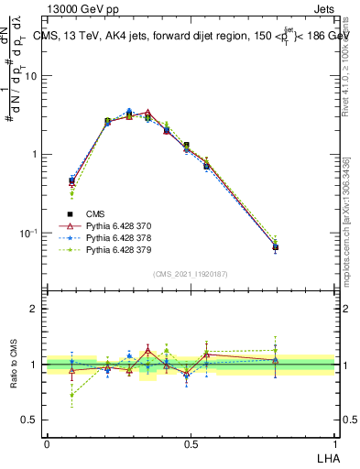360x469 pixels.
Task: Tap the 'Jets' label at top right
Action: [x=325, y=8]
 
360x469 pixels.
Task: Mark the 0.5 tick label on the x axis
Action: [x=191, y=444]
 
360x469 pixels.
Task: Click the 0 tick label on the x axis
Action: [x=47, y=444]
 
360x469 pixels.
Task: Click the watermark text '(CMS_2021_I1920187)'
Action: [x=191, y=273]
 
